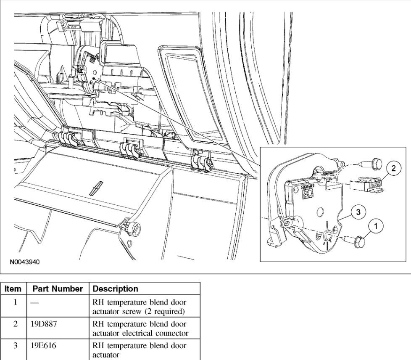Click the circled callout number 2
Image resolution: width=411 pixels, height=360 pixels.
[x=393, y=169]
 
